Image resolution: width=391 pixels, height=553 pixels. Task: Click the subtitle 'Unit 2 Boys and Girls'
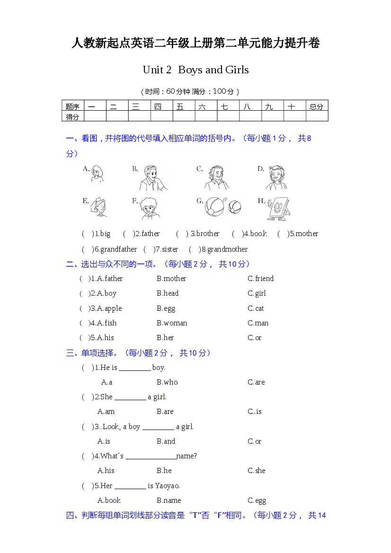(195, 70)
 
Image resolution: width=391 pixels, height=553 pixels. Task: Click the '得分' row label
(72, 117)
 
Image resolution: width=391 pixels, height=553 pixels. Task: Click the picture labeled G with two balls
(223, 207)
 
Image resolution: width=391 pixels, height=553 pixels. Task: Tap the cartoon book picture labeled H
(278, 208)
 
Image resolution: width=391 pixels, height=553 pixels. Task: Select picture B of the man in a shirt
(152, 178)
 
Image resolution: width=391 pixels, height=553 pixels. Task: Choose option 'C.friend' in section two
(260, 279)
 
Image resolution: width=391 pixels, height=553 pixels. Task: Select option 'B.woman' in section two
(172, 323)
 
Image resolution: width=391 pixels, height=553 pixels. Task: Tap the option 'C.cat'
(256, 308)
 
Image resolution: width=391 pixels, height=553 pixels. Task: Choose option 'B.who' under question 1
(167, 382)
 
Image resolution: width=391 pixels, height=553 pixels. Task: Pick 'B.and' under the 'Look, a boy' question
(166, 441)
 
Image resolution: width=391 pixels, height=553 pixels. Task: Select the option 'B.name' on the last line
(169, 500)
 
